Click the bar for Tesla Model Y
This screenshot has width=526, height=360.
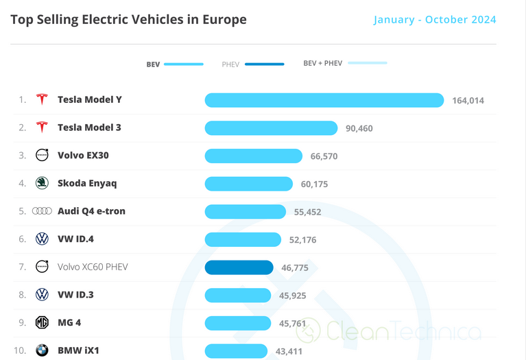(324, 100)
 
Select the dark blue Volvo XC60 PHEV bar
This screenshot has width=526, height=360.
(239, 267)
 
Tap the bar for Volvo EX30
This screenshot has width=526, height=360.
(253, 156)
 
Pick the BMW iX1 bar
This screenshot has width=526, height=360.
(236, 351)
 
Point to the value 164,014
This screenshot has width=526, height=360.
(468, 101)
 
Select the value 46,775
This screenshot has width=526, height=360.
(296, 268)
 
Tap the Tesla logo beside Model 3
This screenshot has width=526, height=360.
(42, 128)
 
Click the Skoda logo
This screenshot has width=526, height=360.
(42, 183)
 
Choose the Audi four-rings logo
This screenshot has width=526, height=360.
(42, 211)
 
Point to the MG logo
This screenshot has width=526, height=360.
(42, 322)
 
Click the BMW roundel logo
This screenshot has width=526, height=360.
(42, 350)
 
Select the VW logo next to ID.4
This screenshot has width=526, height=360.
(42, 239)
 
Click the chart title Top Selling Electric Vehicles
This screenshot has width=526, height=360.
(128, 19)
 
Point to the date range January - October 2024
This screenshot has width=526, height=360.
(435, 19)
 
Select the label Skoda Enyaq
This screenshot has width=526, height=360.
(87, 183)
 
